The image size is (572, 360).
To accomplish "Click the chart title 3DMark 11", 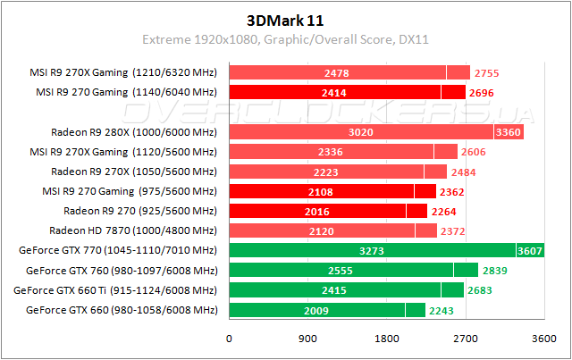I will (x=286, y=19).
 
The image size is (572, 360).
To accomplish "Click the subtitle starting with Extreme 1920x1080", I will (x=286, y=39).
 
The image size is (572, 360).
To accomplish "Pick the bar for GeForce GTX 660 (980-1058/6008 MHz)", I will (x=327, y=310).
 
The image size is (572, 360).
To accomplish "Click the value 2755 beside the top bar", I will (x=490, y=72).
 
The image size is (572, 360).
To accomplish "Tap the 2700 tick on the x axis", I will (x=466, y=339).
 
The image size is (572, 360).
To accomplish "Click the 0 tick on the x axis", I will (x=230, y=339).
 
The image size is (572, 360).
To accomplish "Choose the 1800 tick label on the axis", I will (x=387, y=339).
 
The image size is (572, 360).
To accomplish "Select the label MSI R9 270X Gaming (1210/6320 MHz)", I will (x=123, y=72).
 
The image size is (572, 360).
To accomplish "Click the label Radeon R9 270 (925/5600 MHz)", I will (x=140, y=211).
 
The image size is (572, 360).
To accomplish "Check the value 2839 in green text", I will (x=497, y=271).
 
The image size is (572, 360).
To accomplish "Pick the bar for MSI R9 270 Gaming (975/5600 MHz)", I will (x=332, y=191).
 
